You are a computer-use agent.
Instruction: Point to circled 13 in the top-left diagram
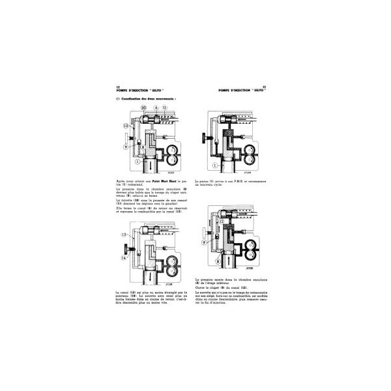[x=126, y=125]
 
